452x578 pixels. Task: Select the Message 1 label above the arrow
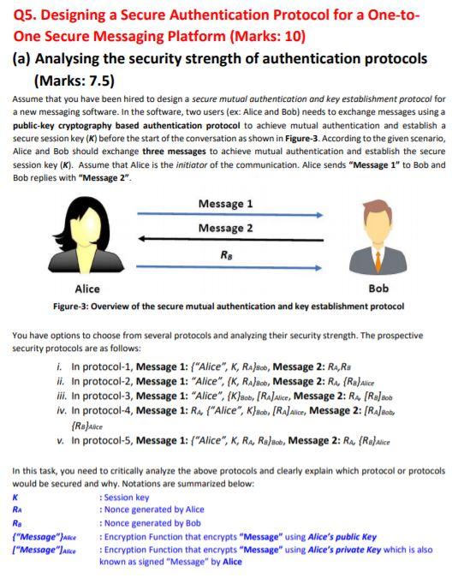(225, 204)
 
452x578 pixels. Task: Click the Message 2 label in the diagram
(225, 228)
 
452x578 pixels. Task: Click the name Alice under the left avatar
(87, 289)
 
